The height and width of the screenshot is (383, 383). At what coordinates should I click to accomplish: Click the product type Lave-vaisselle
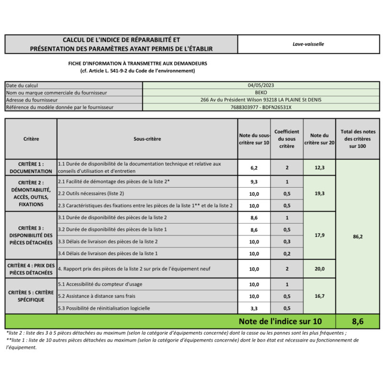(308, 44)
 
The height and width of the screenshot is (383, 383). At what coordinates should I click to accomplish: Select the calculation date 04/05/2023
(261, 85)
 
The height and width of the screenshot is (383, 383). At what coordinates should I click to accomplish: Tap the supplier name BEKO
(261, 92)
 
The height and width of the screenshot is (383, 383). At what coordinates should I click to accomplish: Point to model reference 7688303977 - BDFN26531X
(261, 107)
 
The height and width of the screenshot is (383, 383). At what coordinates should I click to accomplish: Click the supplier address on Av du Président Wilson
(261, 100)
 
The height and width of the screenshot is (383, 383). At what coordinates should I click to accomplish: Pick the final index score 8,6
(358, 321)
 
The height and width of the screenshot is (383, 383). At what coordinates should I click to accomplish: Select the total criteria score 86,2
(358, 237)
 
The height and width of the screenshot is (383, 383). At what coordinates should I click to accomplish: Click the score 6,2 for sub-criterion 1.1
(254, 168)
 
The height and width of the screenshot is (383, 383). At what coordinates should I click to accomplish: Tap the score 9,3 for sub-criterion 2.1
(254, 182)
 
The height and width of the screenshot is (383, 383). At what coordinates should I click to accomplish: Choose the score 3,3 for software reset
(254, 308)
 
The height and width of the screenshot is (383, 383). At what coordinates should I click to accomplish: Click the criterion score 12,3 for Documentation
(319, 167)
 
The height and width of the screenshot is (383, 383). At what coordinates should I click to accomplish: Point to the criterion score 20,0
(319, 269)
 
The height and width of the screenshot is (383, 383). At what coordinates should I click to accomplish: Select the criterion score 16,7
(319, 296)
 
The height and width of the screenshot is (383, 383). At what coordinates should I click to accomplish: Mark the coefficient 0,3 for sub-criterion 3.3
(287, 242)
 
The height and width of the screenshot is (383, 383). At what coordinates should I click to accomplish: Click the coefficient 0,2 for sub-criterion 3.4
(287, 253)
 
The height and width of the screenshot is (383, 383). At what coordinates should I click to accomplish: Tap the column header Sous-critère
(147, 139)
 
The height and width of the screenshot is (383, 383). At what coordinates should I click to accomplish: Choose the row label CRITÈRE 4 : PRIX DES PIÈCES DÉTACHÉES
(31, 269)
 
